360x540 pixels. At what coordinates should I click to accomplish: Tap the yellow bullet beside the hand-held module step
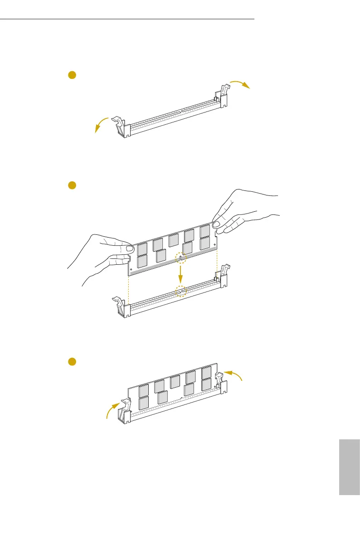click(71, 185)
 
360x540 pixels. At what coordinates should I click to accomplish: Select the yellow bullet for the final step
click(71, 361)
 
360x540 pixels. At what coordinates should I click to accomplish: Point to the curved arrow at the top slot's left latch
click(102, 124)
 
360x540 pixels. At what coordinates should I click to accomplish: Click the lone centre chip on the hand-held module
click(173, 240)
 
